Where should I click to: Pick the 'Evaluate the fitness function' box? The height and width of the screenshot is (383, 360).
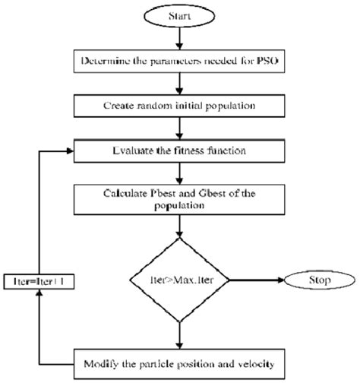click(x=179, y=150)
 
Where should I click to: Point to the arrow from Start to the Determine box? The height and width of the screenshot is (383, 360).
click(x=179, y=36)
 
